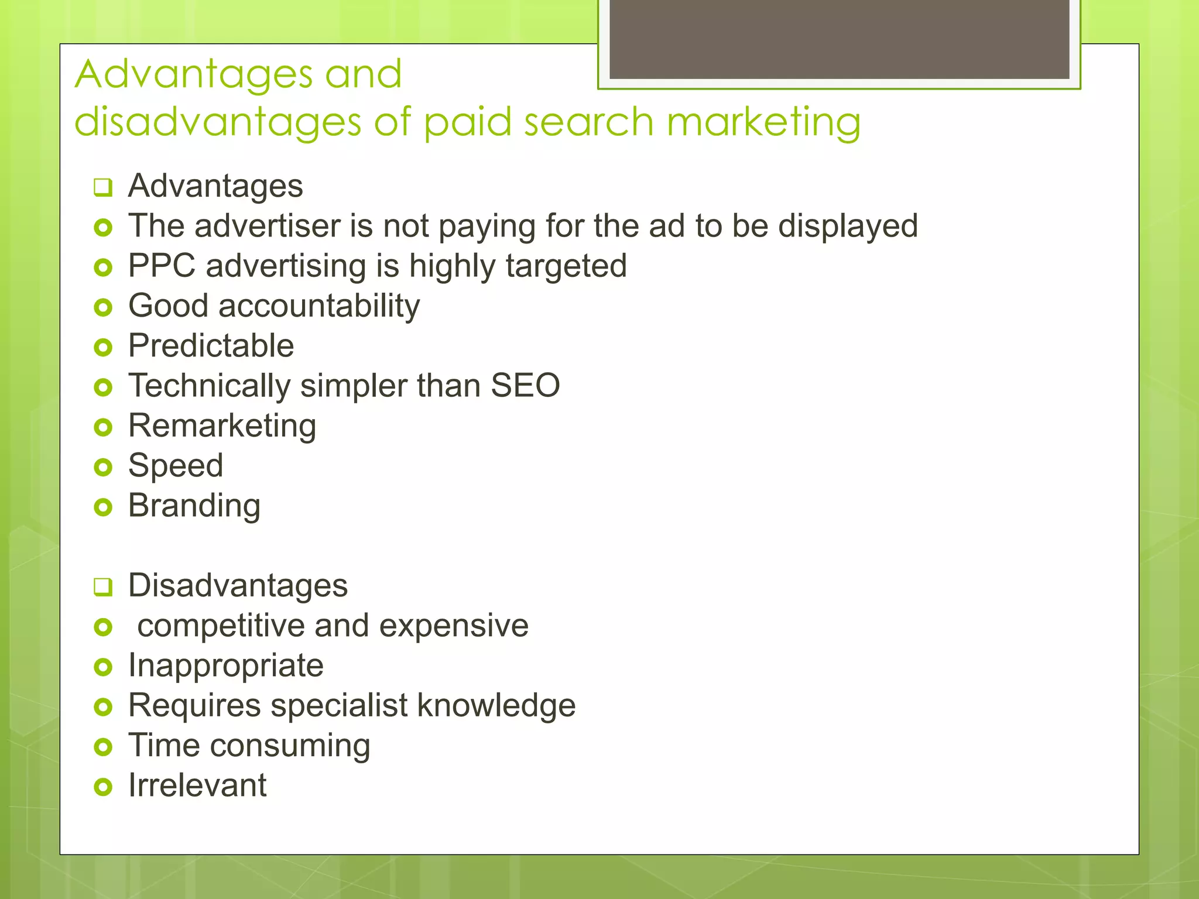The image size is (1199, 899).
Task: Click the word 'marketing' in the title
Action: [x=763, y=123]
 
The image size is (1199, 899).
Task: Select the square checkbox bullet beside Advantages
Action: [x=102, y=188]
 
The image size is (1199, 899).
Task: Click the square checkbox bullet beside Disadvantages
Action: [x=102, y=587]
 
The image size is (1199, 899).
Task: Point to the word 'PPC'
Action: [x=162, y=266]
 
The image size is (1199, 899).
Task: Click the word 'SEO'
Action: [x=525, y=386]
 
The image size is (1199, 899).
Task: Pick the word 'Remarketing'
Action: [x=222, y=426]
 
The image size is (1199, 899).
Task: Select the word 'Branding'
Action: [x=194, y=506]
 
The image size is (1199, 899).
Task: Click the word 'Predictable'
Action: [x=211, y=346]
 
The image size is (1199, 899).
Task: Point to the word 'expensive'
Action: [x=454, y=626]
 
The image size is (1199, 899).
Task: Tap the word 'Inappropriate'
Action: [x=226, y=666]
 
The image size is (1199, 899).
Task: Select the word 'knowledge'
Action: [x=496, y=706]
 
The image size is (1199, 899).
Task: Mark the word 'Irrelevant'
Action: [x=197, y=785]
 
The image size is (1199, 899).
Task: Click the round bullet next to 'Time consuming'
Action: [x=103, y=747]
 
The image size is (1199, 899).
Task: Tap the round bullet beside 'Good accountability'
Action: [x=103, y=307]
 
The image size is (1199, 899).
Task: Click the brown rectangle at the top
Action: [x=839, y=39]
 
